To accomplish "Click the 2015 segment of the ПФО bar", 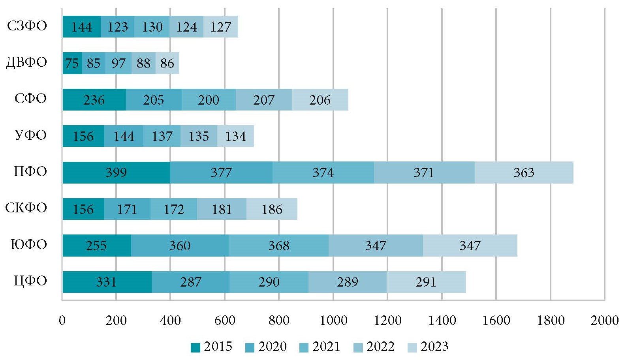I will click(117, 172).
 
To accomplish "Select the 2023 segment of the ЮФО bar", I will click(470, 246).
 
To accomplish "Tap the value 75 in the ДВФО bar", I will click(72, 63).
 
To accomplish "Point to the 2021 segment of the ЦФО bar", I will click(269, 282).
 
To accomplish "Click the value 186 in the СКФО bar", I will click(272, 209).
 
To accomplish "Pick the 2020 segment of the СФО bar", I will click(154, 99).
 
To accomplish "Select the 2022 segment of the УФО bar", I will click(199, 136).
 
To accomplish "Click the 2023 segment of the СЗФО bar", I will click(220, 27).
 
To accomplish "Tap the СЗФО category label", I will click(27, 26).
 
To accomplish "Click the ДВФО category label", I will click(26, 62).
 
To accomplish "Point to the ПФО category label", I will click(30, 172).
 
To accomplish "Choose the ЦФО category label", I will click(30, 281).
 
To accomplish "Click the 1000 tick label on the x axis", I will click(333, 320).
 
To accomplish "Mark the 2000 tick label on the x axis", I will click(604, 320).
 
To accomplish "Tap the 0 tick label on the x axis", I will click(62, 320).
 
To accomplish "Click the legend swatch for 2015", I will click(196, 347).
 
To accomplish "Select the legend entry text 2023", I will click(434, 347).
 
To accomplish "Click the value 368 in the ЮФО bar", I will click(279, 246).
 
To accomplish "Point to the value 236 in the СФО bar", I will click(94, 99).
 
